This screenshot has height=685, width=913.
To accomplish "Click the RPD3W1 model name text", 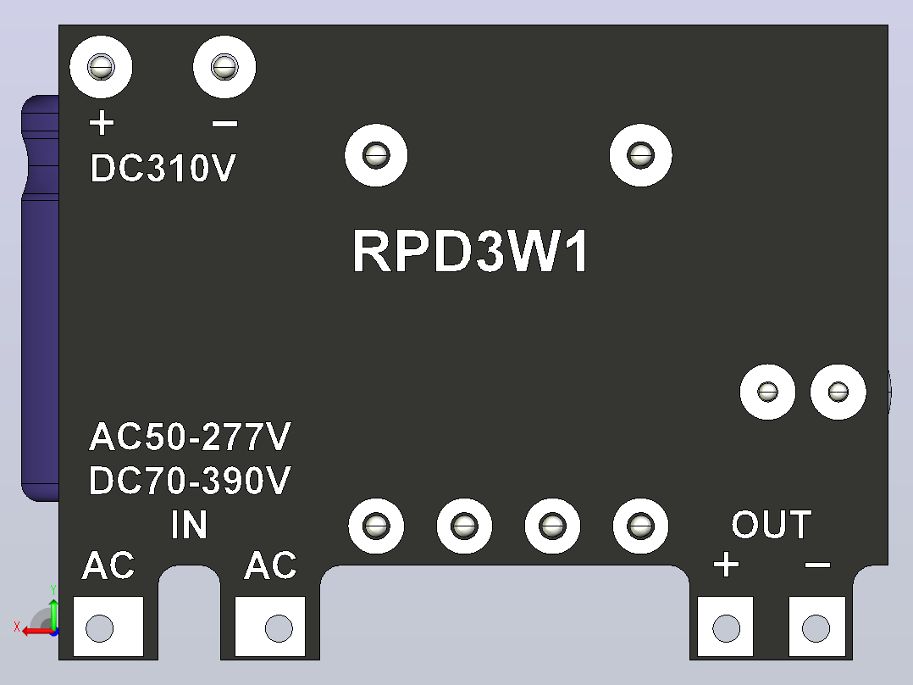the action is [x=471, y=251].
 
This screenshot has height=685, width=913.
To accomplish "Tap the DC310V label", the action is [x=163, y=169].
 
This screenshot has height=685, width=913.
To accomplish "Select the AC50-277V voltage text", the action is [x=190, y=437].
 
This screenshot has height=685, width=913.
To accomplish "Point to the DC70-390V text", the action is [x=190, y=481].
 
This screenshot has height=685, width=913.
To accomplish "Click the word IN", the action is [x=189, y=525].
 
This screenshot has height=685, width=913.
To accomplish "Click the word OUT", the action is [x=772, y=524].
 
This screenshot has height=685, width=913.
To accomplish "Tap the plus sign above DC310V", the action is [x=102, y=124].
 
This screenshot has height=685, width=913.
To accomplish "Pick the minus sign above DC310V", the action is [x=224, y=124].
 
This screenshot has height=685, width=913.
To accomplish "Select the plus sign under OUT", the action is [x=726, y=565].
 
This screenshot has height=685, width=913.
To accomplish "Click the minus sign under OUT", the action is [x=817, y=565].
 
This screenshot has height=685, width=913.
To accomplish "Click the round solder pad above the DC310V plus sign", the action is [x=102, y=67].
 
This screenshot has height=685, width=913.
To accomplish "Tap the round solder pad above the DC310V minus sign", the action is [x=224, y=67].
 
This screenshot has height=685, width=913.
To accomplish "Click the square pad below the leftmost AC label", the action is [x=108, y=627].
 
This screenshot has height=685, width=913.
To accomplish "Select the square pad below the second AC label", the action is [x=270, y=627].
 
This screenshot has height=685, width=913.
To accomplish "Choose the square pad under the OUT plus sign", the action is [x=726, y=627].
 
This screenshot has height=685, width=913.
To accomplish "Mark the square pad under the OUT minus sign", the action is [x=817, y=627].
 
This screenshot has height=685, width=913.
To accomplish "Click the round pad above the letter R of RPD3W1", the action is [x=376, y=155].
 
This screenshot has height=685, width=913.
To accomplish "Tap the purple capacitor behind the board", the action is [x=40, y=298].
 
